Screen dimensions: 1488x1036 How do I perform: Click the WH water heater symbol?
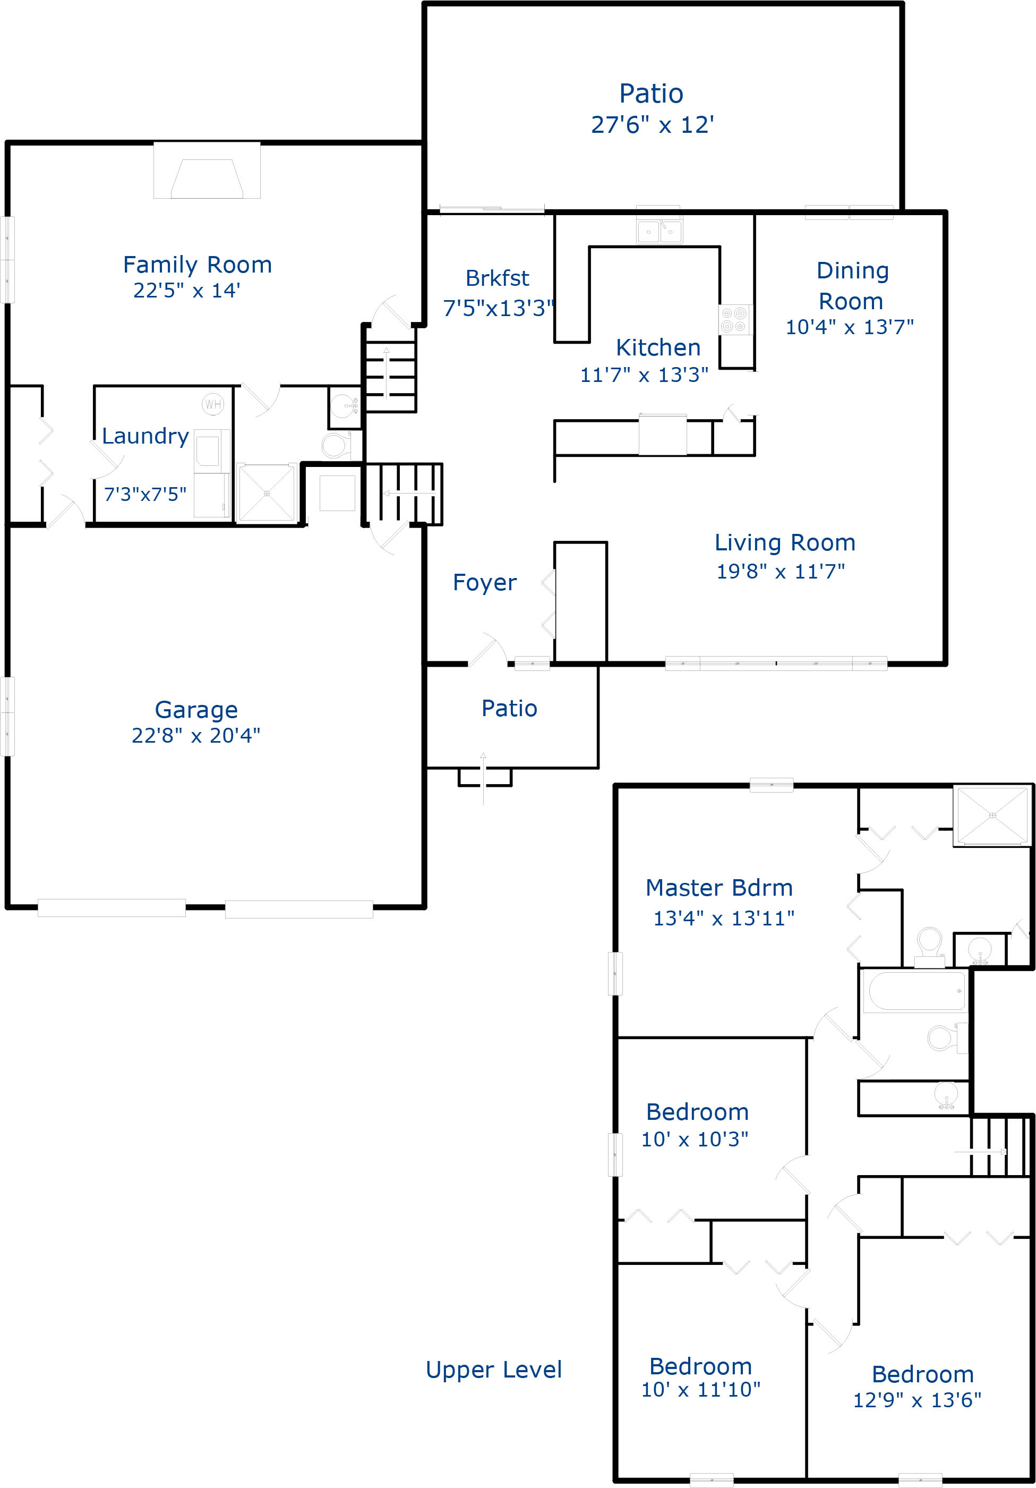point(212,404)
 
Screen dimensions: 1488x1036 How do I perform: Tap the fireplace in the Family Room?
point(207,178)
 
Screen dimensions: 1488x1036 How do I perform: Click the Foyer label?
point(485,583)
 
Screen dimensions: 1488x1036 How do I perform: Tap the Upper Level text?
point(494,1370)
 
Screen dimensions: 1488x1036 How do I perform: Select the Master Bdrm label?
point(718,887)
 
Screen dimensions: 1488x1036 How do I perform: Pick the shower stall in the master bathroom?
point(992,815)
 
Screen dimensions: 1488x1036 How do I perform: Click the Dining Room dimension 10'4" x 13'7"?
point(850,327)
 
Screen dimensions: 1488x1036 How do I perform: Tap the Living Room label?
point(785,542)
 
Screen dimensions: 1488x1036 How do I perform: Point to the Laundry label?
point(145,436)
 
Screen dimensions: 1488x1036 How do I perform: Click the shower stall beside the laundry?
point(266,493)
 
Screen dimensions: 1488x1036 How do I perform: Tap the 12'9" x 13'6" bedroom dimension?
point(917,1400)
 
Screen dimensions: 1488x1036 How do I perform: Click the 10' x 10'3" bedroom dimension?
point(695,1140)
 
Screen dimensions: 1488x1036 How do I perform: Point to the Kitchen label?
point(658,348)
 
